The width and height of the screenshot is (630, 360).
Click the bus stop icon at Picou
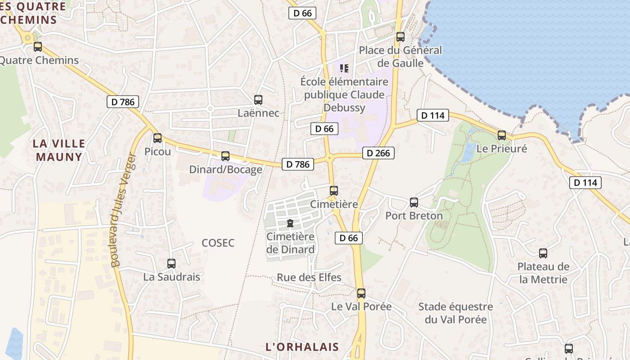(x=157, y=138)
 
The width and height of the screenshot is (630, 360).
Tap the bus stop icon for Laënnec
(x=258, y=100)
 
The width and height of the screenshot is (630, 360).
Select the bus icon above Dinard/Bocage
(x=225, y=156)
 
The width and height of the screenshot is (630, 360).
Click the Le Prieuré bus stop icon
(x=502, y=135)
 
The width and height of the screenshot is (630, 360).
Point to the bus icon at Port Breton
(x=414, y=202)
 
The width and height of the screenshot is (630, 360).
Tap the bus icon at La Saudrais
(x=171, y=264)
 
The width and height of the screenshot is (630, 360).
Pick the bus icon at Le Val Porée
(x=361, y=293)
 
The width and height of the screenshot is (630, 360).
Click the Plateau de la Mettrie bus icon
(x=543, y=253)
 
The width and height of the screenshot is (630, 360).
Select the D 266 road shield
(x=378, y=153)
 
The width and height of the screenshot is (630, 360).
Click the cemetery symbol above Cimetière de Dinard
(x=290, y=223)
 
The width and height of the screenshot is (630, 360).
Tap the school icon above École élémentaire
(x=344, y=68)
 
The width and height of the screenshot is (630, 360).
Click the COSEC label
(x=218, y=243)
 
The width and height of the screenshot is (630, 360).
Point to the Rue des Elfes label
(x=309, y=277)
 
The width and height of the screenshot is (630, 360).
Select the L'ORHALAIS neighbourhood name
(x=302, y=347)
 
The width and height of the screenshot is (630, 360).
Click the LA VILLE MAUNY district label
(x=59, y=150)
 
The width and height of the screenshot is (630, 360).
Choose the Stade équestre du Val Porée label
(x=455, y=313)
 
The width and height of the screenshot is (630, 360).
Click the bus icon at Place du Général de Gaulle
(x=400, y=37)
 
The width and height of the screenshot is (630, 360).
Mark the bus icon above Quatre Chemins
(x=38, y=47)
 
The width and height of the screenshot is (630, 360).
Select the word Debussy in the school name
(x=344, y=108)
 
